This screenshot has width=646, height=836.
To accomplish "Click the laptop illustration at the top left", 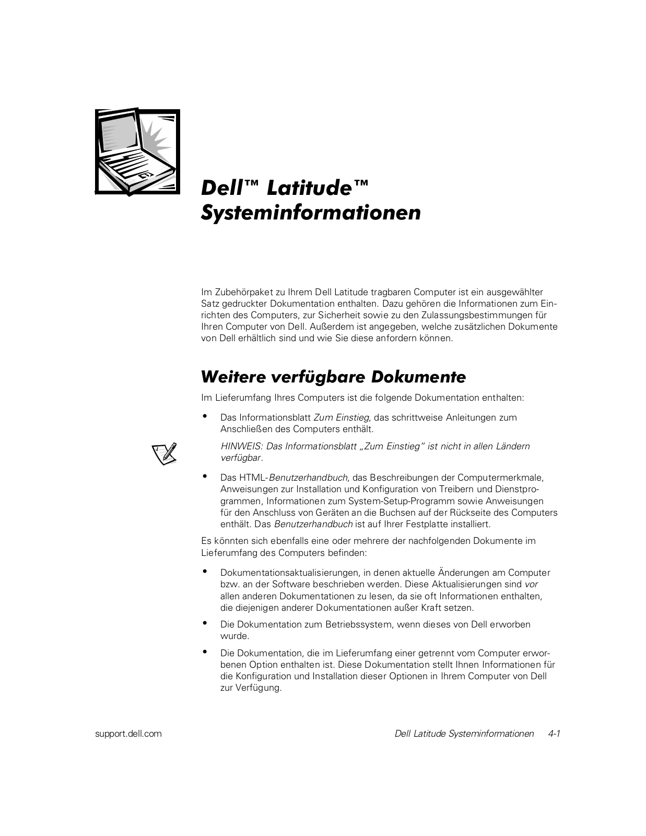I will pos(137,152).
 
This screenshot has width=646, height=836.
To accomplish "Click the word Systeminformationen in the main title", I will pos(311,213).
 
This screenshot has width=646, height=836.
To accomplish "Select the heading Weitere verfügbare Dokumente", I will pos(333,377).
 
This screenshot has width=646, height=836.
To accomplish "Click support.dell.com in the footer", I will pos(128,734).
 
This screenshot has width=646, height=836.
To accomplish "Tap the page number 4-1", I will pos(554,734).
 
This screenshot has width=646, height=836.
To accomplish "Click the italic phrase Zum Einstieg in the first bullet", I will pos(342,417).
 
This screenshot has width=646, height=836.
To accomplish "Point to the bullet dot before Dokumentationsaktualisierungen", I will pos(205,571).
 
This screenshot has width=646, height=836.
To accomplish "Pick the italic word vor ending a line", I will pos(531,584).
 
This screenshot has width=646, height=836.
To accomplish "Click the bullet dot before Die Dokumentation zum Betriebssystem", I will pos(205,623).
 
